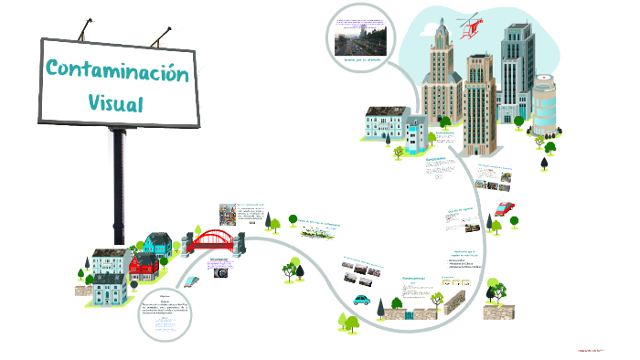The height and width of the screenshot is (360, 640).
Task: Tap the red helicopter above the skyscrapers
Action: point(472,26)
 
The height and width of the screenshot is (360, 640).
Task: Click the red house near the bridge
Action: point(144,269)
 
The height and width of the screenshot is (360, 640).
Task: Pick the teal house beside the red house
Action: point(156,245)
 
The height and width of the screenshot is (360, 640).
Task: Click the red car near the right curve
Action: point(504,208)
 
